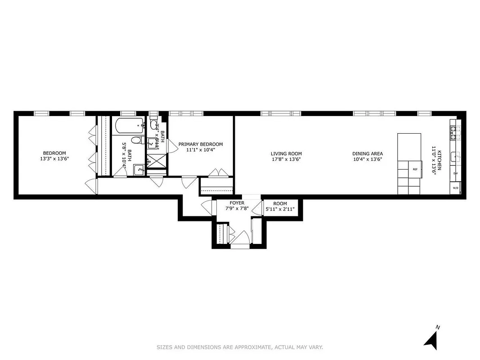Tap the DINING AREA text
pos(368,153)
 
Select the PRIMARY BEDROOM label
pos(200,144)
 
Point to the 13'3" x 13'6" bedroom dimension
pos(54,159)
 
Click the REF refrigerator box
pos(415,169)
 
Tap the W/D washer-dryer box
pos(455,188)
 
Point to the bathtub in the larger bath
pos(128,126)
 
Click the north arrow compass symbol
pos(431,338)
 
